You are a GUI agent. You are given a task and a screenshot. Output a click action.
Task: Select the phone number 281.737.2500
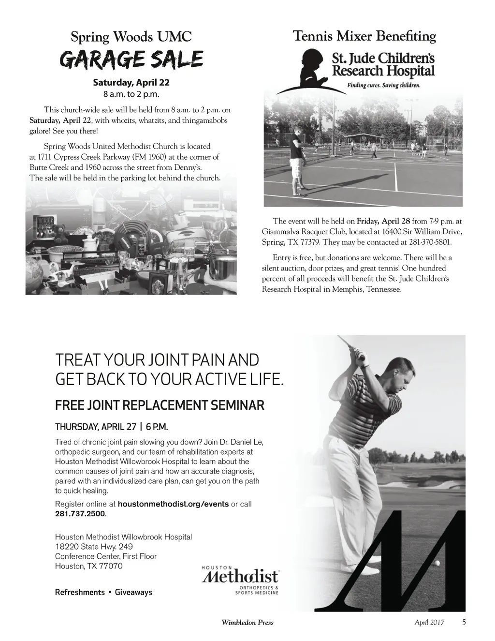point(80,513)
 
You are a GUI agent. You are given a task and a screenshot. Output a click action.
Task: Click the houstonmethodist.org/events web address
point(173,504)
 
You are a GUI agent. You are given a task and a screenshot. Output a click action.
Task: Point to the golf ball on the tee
point(438,564)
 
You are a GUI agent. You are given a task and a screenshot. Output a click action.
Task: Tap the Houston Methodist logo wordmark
point(240,577)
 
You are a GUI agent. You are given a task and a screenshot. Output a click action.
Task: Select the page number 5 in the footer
point(464,623)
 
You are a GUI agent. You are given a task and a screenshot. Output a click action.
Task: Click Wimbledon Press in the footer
point(247,623)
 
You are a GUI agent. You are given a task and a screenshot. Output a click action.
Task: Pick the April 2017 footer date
point(430,623)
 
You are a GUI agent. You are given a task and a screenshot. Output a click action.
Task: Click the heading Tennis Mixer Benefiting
point(364,36)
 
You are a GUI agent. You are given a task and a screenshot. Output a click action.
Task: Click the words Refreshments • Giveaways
point(103,592)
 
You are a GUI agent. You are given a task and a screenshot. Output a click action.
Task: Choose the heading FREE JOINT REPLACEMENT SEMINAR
point(160,405)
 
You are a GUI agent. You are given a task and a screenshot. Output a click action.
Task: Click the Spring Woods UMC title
point(131,36)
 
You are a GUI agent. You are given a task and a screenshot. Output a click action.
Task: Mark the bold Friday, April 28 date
point(383,221)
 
